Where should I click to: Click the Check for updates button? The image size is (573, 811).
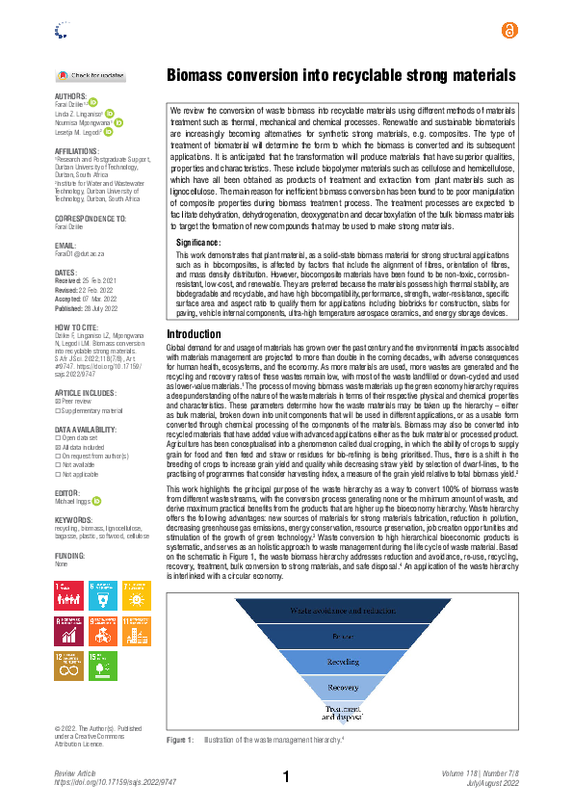(91, 75)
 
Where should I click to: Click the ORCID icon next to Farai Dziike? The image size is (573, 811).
(93, 102)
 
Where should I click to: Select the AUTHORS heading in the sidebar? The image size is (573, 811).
(70, 96)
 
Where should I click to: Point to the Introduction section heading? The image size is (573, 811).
(194, 334)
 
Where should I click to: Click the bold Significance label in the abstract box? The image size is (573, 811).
(200, 243)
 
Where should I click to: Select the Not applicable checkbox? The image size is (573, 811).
(57, 474)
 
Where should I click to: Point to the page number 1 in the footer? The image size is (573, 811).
(286, 777)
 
